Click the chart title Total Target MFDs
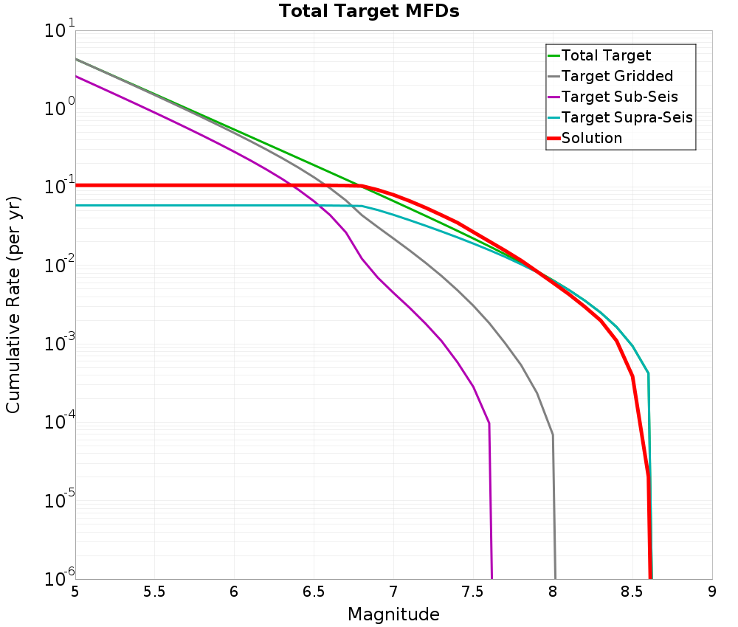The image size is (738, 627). point(369,11)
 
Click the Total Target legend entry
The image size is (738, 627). point(606,55)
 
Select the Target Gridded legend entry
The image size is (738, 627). point(617,76)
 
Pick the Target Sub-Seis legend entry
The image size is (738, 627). point(619,97)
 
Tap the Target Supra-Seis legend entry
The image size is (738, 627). point(627,117)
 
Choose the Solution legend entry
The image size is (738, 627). point(592,138)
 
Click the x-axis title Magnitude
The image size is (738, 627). point(393,614)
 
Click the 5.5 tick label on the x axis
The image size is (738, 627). point(154,592)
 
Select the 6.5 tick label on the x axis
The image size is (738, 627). point(314,592)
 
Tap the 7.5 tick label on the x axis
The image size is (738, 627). point(473,592)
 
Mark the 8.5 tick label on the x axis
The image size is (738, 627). point(632,592)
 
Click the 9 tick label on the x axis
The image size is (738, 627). point(712,592)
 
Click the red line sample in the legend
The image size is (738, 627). point(553,138)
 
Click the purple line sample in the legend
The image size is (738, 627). point(553,97)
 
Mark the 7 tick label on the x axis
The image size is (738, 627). point(393,592)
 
